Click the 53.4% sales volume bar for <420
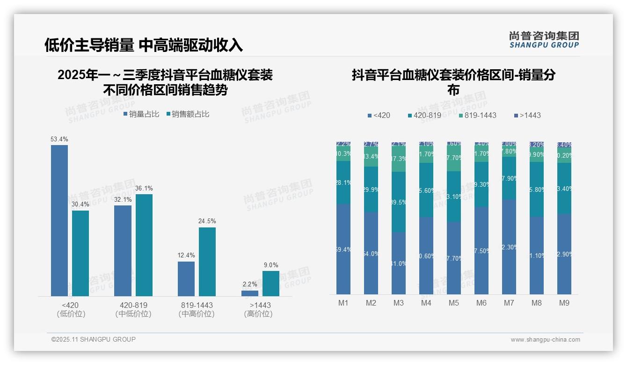tap(59, 220)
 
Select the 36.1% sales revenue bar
tap(144, 245)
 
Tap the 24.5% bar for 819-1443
tap(207, 262)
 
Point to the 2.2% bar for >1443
tap(250, 293)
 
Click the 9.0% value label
tap(271, 265)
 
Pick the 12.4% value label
tap(186, 255)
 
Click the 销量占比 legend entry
tap(141, 114)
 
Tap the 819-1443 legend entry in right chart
tap(477, 115)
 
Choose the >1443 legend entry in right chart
tap(527, 115)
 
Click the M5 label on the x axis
tap(454, 303)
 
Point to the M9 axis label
tap(564, 303)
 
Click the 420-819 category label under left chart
tap(133, 305)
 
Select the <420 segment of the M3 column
tap(399, 263)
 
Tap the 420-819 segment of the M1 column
tap(343, 182)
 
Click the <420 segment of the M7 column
tap(509, 247)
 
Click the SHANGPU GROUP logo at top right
tap(544, 39)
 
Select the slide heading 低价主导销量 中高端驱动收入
tap(144, 45)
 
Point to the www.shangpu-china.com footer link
tap(545, 340)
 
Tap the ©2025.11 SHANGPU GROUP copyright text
tap(94, 339)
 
